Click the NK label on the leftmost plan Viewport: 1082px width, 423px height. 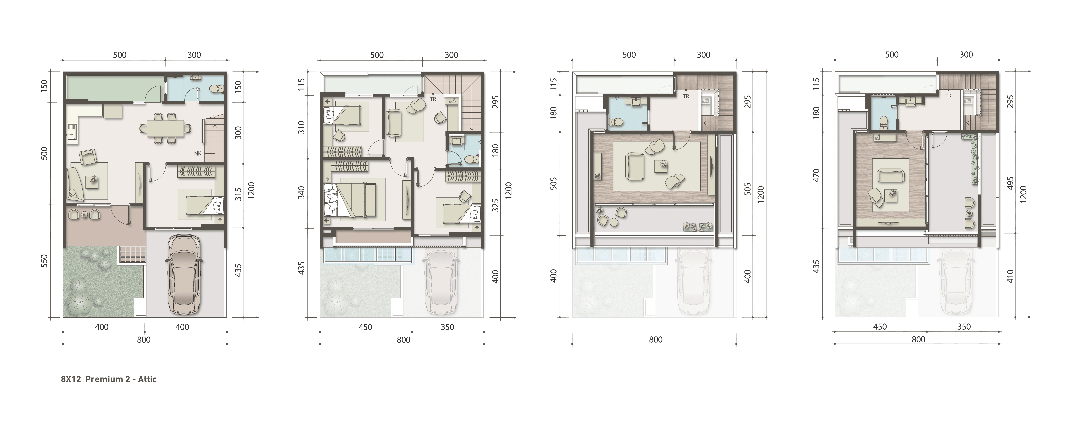pyautogui.click(x=198, y=153)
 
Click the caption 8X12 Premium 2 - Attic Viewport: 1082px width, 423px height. pyautogui.click(x=109, y=379)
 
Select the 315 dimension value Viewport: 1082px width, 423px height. pyautogui.click(x=238, y=194)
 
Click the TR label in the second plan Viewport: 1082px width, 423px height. pyautogui.click(x=433, y=100)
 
